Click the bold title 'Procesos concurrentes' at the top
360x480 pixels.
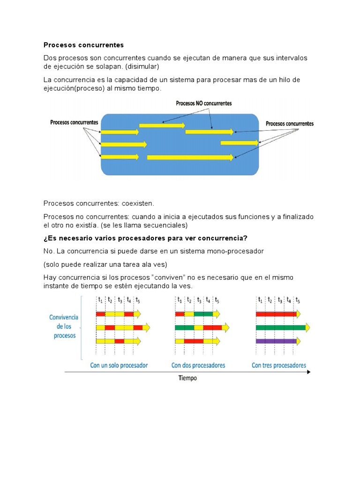(83, 45)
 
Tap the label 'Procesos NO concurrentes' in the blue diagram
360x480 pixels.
(203, 103)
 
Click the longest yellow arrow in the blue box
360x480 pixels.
(190, 157)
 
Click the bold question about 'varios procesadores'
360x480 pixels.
(145, 238)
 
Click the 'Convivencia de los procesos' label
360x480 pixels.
(64, 326)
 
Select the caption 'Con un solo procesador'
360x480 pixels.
(119, 365)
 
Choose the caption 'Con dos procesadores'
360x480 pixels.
(198, 365)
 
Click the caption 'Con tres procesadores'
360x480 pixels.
(279, 365)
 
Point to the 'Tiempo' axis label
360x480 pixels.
(187, 378)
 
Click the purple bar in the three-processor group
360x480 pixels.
(276, 341)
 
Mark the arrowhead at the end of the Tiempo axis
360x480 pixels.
(308, 372)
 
